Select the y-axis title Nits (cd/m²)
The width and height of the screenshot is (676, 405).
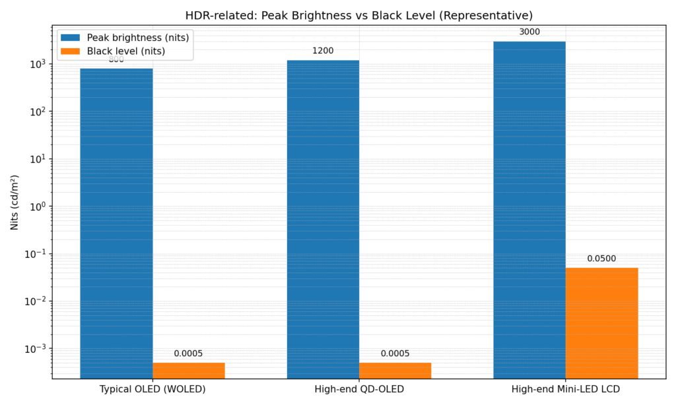pos(15,202)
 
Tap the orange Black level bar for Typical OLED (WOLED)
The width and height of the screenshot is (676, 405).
pos(189,370)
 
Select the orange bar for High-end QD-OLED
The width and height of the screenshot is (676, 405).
pos(395,370)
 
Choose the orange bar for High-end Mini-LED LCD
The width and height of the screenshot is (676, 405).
pos(601,323)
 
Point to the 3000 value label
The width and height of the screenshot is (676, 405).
pos(529,31)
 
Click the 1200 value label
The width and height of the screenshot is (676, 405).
pos(323,50)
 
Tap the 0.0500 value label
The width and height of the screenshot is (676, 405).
pos(601,259)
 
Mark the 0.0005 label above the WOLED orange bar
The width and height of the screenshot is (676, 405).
pos(189,354)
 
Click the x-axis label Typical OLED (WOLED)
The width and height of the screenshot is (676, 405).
pos(152,390)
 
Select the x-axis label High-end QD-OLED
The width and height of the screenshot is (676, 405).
pos(359,390)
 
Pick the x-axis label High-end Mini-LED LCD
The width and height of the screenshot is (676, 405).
pos(566,390)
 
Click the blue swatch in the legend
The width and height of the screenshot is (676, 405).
pos(70,38)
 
